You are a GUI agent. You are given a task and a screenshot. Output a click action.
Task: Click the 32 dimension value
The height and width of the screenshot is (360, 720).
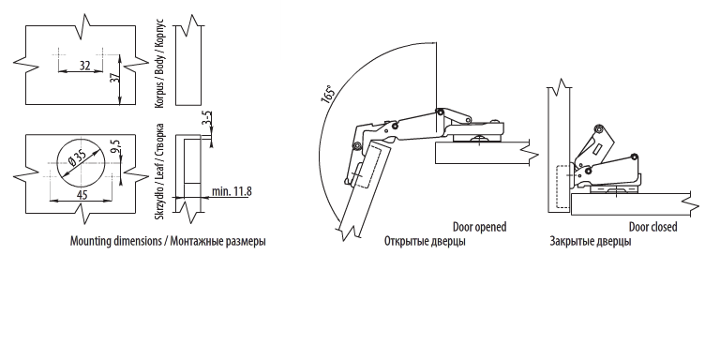point(84,66)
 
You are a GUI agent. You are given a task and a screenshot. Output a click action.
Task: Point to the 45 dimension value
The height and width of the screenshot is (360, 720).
point(82,195)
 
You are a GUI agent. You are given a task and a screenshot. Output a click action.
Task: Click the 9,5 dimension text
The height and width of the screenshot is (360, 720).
point(115,145)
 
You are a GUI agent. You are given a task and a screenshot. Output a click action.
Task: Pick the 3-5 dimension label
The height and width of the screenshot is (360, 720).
point(207,118)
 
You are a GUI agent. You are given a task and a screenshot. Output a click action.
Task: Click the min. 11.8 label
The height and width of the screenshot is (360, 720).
point(232,191)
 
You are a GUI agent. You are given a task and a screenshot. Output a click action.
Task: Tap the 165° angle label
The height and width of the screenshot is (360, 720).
point(328,95)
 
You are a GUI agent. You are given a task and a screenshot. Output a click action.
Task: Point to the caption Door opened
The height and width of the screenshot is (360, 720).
point(479,227)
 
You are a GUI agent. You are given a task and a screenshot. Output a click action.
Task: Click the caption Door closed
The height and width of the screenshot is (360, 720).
point(652,227)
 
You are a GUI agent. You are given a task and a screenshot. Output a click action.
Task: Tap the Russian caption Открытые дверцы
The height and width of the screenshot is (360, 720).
point(425,242)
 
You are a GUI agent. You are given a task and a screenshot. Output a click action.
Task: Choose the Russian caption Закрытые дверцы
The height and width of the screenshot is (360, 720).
point(590,242)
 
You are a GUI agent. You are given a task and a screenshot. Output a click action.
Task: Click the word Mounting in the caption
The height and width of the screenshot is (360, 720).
point(90,242)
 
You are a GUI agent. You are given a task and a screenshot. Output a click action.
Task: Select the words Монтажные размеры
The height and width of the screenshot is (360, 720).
point(217,242)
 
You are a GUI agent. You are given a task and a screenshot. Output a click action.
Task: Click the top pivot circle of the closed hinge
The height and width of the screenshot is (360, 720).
point(598,128)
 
